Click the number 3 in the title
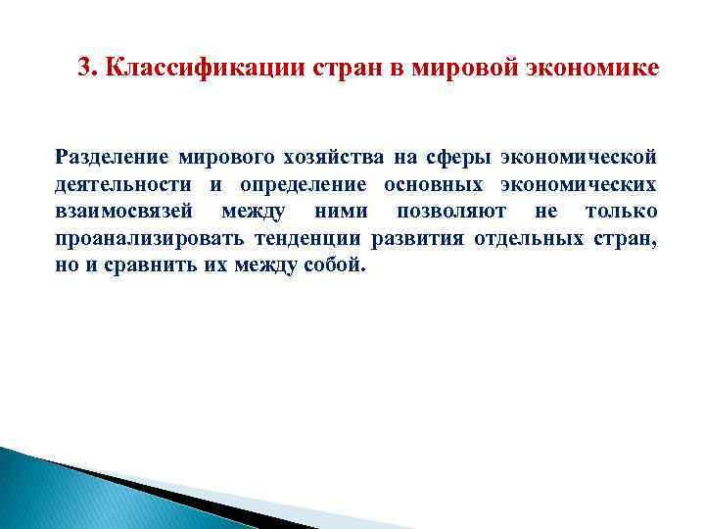[83, 69]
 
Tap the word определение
[298, 184]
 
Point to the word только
[621, 212]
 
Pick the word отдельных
[529, 239]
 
